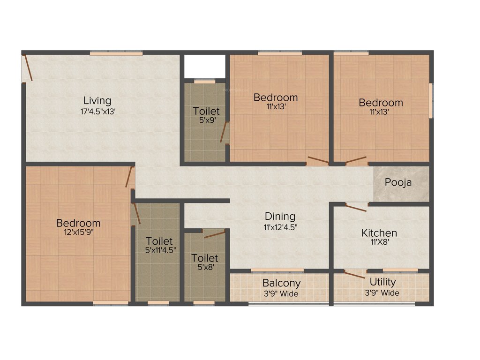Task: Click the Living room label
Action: (x=97, y=100)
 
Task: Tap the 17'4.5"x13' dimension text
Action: (x=97, y=112)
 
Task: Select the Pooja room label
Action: (x=398, y=182)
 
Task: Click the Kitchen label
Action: (x=379, y=232)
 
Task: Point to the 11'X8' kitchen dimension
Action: (x=379, y=243)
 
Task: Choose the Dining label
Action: (x=280, y=216)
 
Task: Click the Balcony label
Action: (x=281, y=283)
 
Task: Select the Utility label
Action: (x=382, y=282)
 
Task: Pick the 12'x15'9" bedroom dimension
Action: (x=78, y=233)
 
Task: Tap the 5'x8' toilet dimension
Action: (x=205, y=268)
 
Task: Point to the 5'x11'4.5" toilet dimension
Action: (x=160, y=250)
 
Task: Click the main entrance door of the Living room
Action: (x=28, y=68)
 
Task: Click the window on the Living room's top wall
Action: (x=116, y=53)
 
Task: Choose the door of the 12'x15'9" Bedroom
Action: (x=129, y=177)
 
